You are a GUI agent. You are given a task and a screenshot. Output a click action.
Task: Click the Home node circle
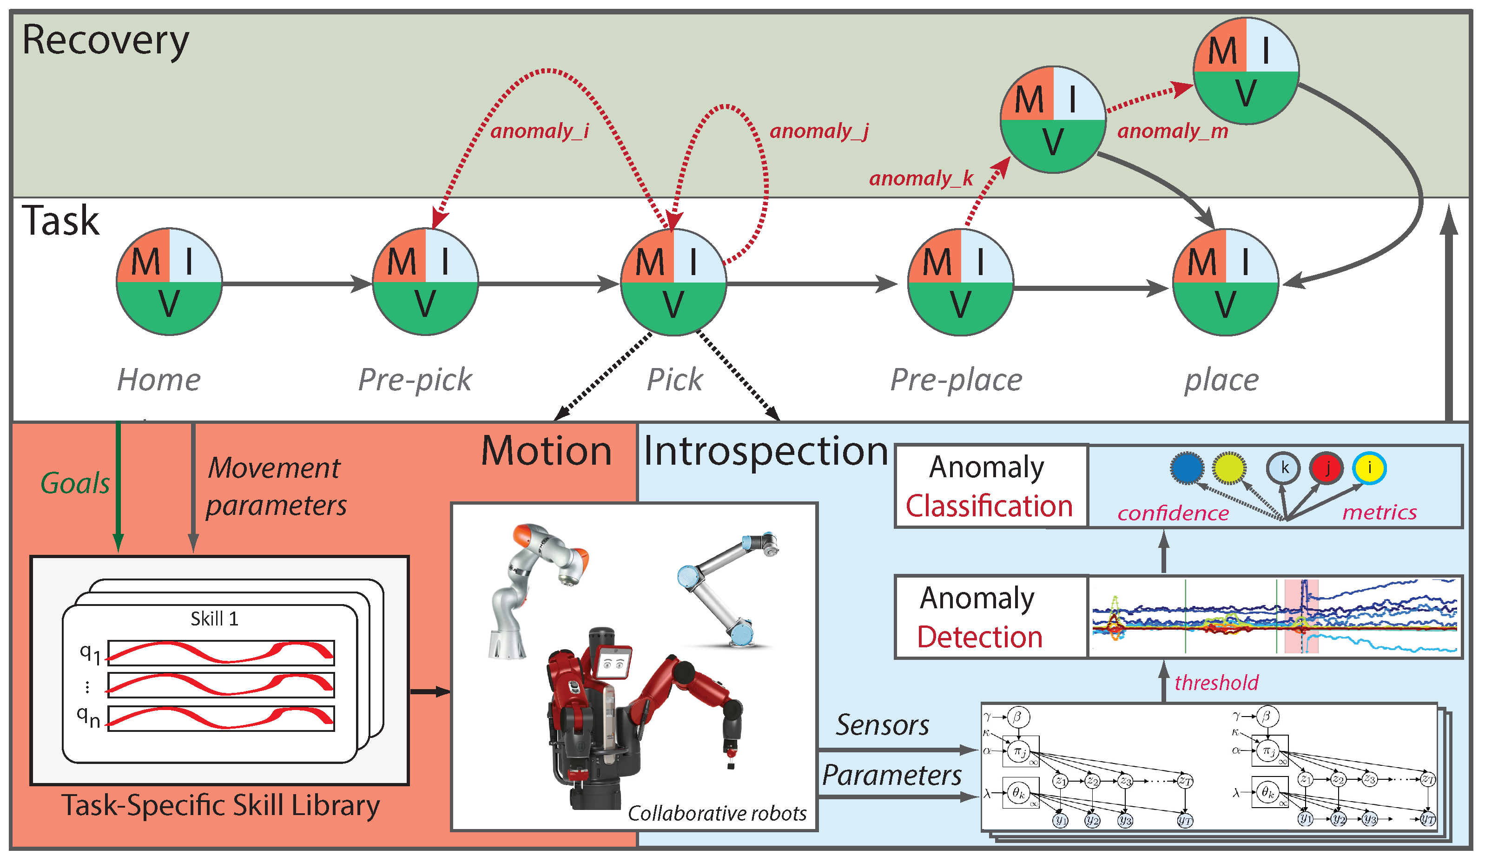coord(169,282)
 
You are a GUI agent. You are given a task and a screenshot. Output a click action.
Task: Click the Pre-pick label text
coord(415,380)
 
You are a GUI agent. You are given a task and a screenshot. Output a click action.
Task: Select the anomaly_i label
coord(539,131)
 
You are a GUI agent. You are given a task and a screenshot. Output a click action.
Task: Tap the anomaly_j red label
coord(819,131)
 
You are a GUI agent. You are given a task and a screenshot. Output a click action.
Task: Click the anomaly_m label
coord(1173,131)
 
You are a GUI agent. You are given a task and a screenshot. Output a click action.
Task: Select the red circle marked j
coord(1326,468)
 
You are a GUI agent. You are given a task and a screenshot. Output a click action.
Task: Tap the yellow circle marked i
coord(1369,468)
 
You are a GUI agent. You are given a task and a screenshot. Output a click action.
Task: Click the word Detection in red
coord(979,638)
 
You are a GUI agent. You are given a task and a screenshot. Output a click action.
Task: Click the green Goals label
coord(75,484)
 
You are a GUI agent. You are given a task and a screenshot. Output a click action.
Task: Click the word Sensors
coord(882,725)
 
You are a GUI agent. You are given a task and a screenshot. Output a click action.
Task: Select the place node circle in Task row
coord(1225,282)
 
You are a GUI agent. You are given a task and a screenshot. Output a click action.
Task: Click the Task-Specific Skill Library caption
coord(220,805)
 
